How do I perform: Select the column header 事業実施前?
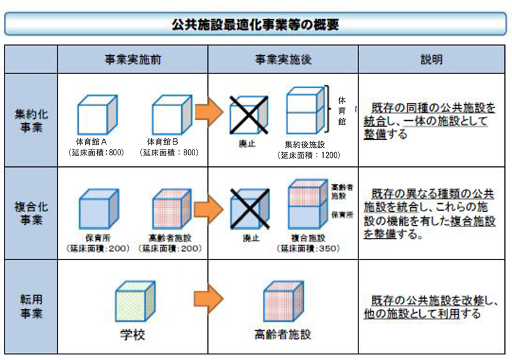point(132,59)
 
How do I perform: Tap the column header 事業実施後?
point(283,59)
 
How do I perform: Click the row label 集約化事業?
point(31,120)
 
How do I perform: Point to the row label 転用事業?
point(31,306)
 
